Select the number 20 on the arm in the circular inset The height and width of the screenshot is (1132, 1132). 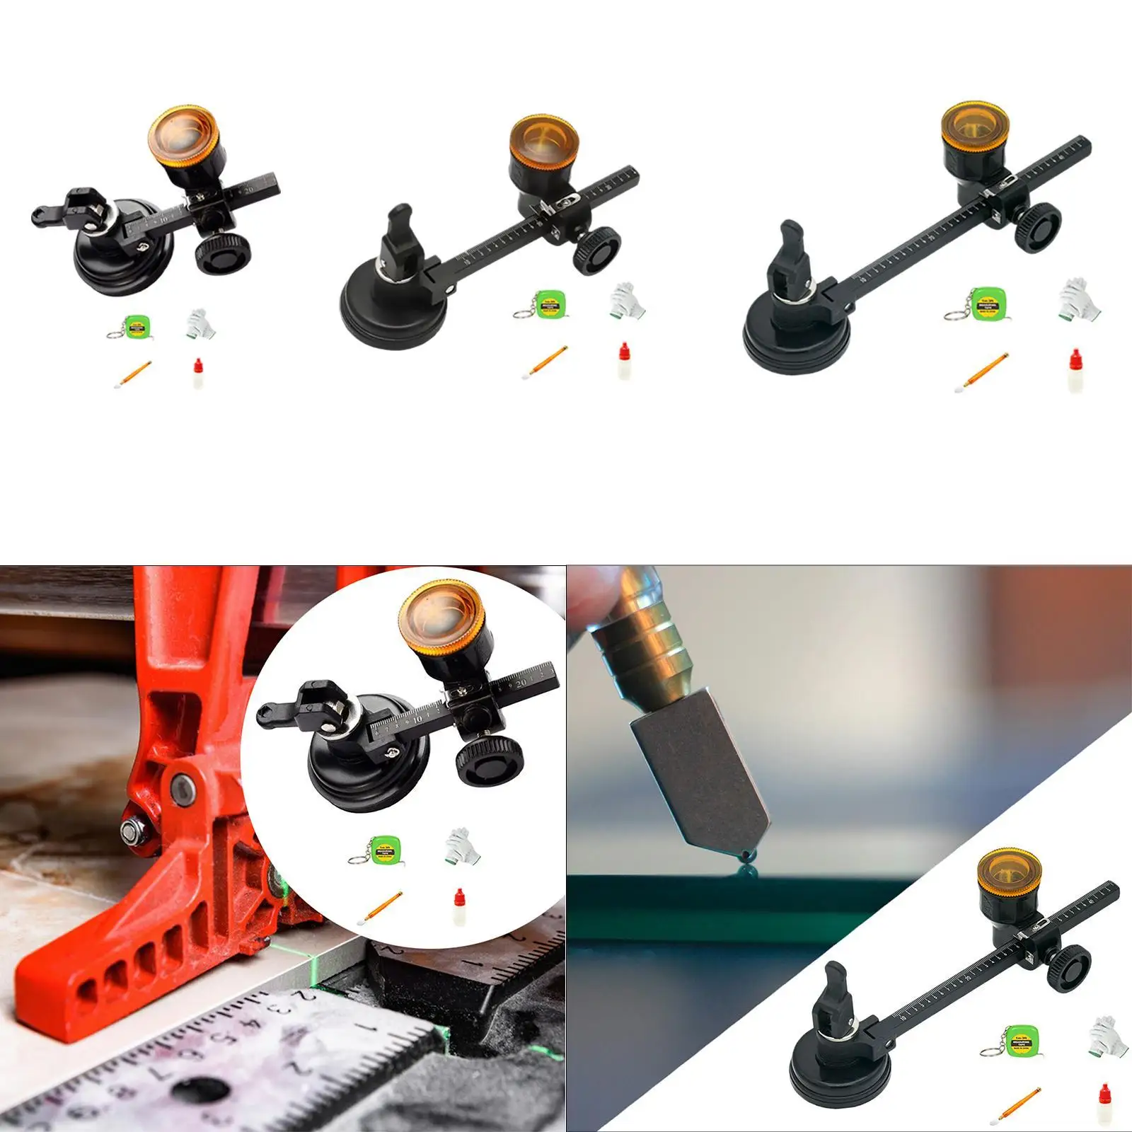tap(520, 685)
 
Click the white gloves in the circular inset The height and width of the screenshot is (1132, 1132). tap(458, 846)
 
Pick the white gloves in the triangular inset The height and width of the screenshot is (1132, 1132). tap(1103, 1034)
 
